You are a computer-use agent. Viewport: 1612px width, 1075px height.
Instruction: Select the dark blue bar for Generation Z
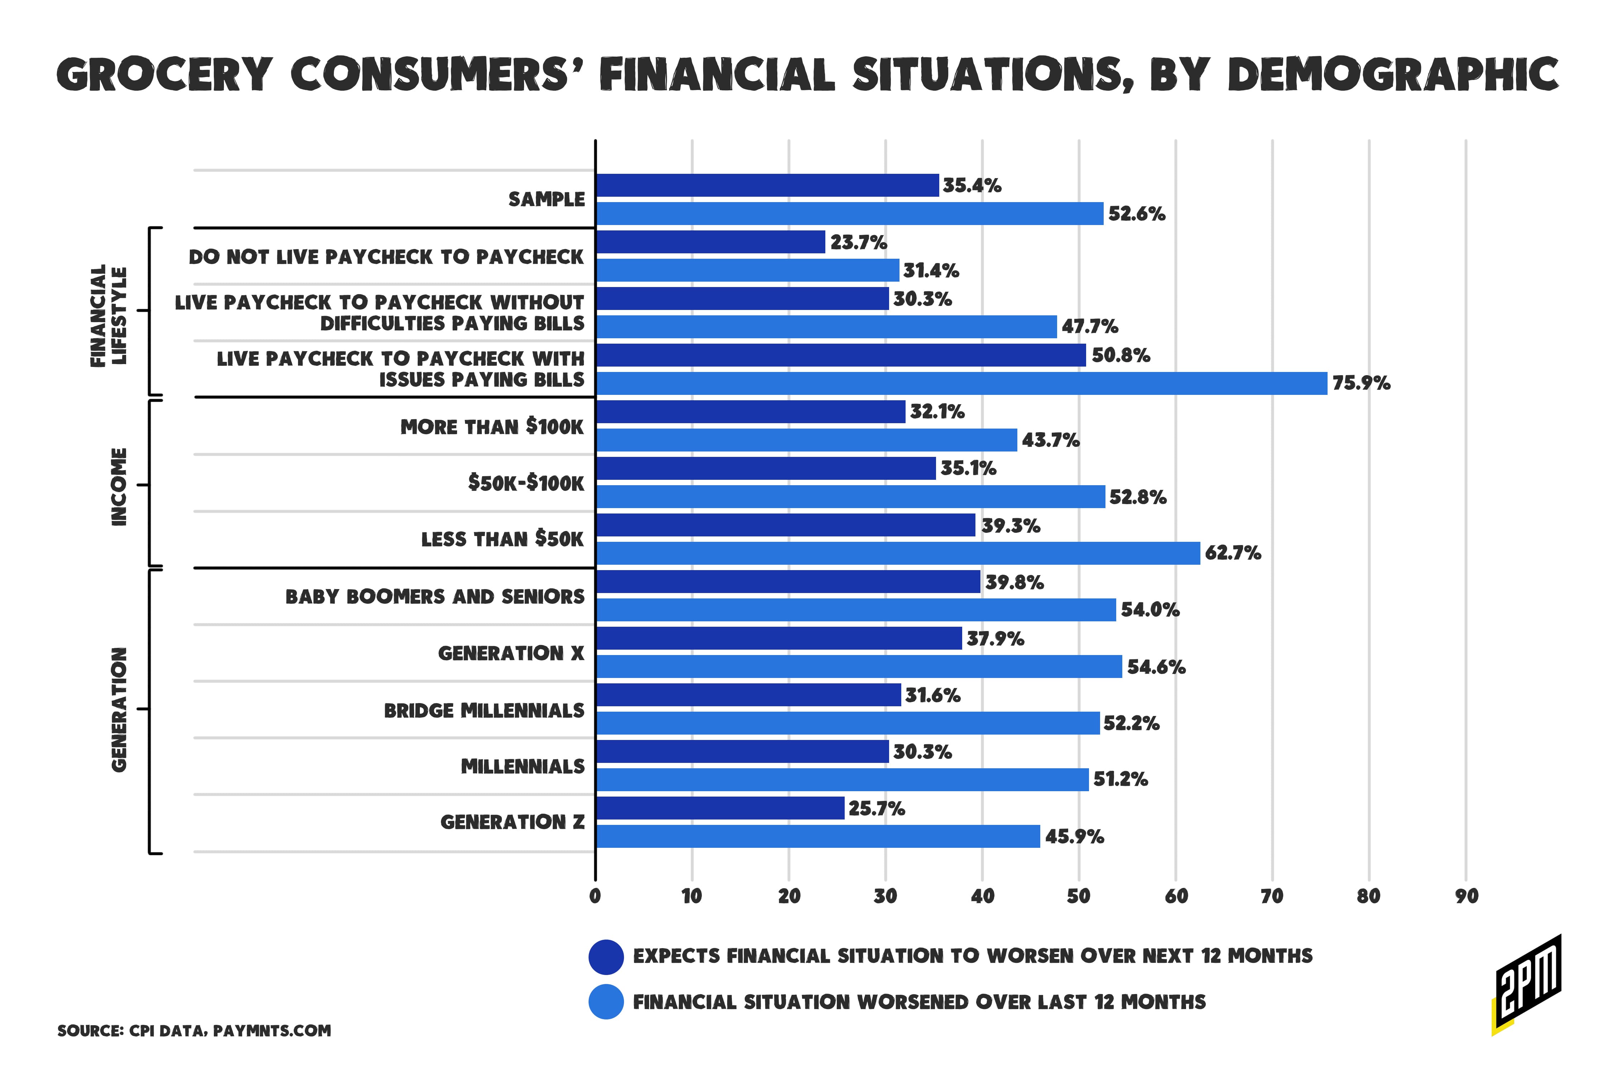720,808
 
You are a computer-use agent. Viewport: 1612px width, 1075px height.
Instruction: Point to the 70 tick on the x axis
1272,896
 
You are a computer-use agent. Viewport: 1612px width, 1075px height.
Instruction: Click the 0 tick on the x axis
595,896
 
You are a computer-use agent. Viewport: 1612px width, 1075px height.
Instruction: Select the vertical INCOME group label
119,487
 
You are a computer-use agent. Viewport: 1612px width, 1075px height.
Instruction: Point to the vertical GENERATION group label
119,709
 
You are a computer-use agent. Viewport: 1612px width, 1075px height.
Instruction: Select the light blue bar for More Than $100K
806,440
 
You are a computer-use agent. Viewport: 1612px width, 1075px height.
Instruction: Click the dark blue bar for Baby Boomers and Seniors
787,581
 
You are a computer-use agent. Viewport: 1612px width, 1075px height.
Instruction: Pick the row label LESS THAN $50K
502,540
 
